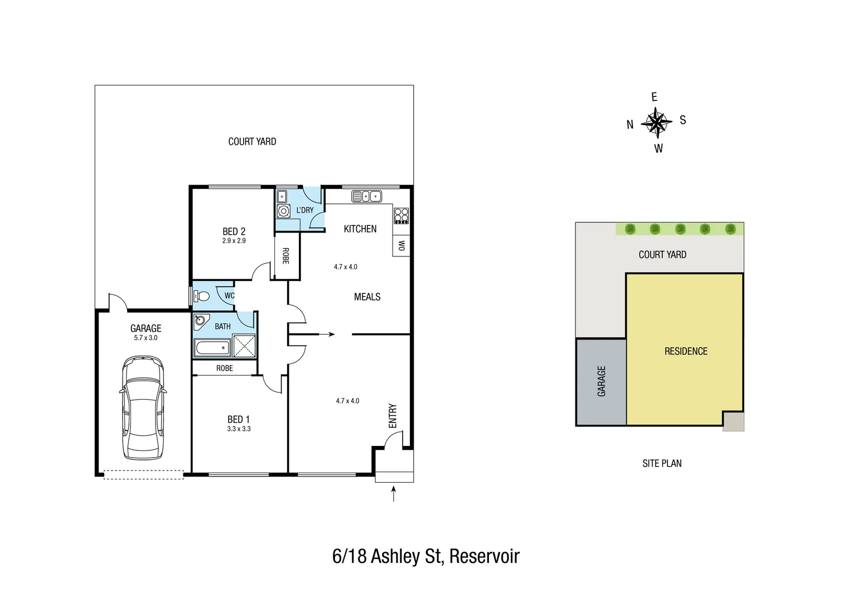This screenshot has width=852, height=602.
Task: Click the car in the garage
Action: [x=143, y=408]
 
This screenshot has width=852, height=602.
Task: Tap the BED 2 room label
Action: [x=234, y=231]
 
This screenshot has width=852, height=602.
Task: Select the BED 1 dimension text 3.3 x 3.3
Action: [x=239, y=429]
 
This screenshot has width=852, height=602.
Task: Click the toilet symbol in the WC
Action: [x=201, y=296]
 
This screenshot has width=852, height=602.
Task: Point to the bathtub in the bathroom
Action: [x=212, y=348]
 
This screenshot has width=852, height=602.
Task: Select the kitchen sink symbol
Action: [x=366, y=196]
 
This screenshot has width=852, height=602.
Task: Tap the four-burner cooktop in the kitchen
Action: [x=401, y=216]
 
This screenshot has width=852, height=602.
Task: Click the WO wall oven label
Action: [x=401, y=245]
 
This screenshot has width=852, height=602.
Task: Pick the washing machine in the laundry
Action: [x=284, y=211]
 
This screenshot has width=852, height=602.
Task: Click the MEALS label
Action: [x=367, y=297]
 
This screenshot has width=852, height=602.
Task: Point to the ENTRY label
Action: [x=393, y=416]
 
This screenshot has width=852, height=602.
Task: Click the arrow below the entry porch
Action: [x=394, y=493]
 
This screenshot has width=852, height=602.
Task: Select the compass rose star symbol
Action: [x=656, y=123]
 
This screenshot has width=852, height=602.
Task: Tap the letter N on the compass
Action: [x=630, y=125]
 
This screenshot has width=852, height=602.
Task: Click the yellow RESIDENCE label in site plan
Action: [x=686, y=351]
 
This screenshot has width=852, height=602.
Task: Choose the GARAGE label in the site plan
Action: [x=601, y=381]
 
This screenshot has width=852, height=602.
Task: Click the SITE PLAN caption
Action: [x=662, y=463]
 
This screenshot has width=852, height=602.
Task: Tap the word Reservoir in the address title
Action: [x=484, y=556]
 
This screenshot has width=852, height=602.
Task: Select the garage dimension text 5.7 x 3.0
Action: [x=146, y=338]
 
